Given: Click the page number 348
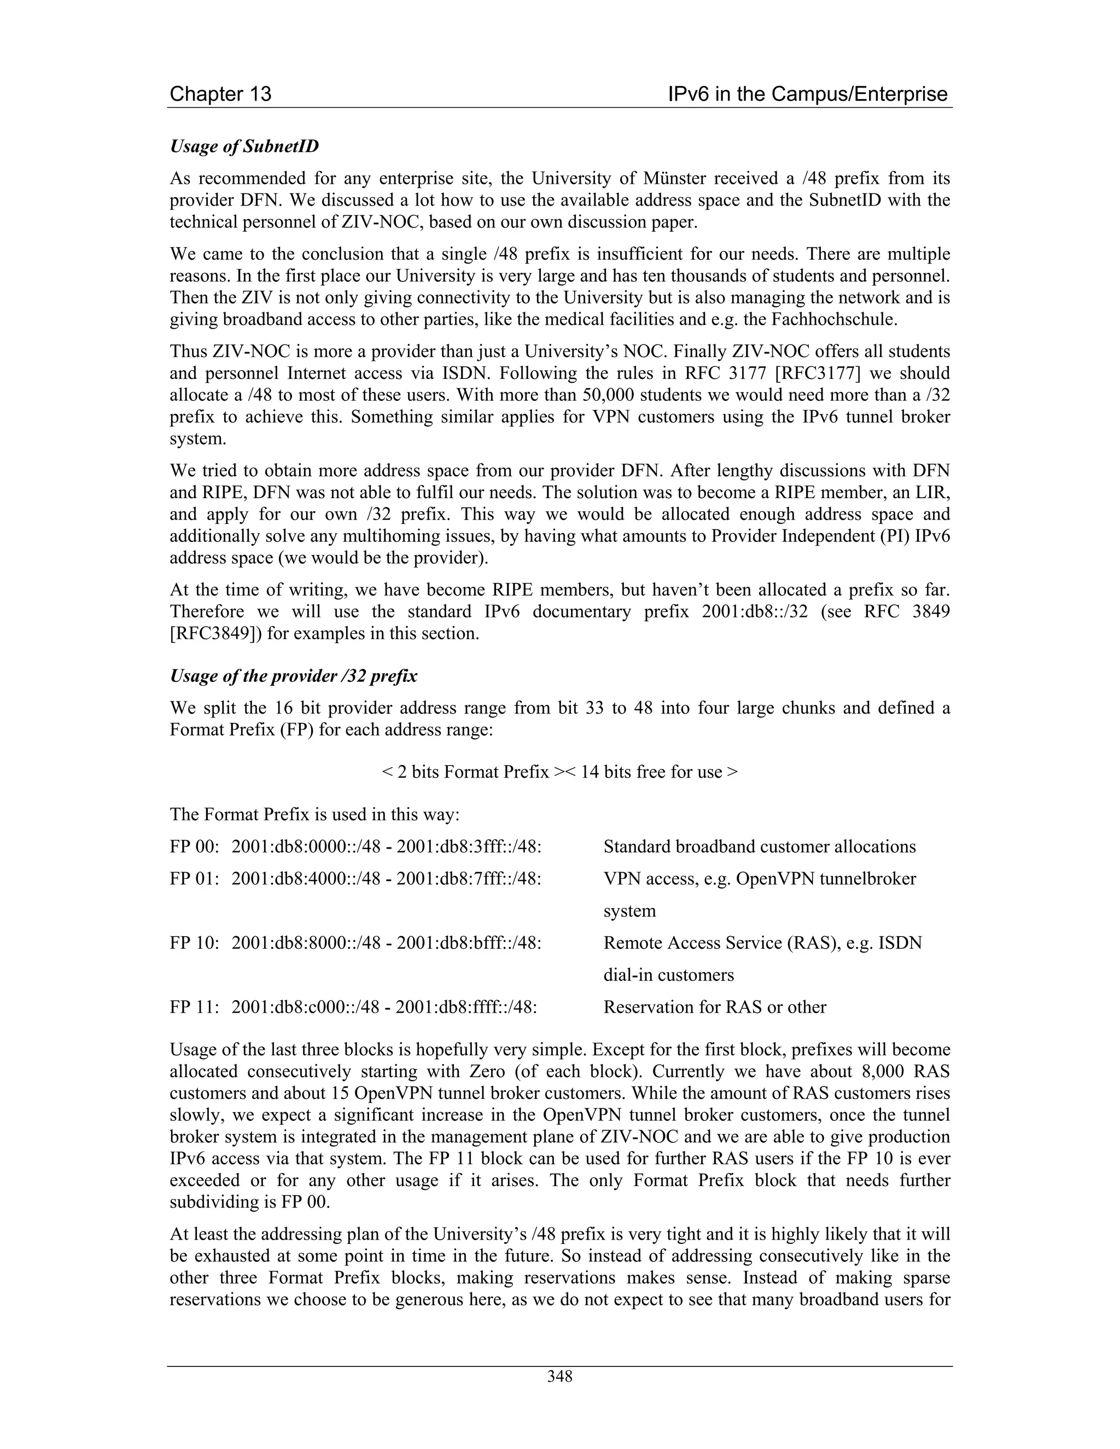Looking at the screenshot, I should (559, 1377).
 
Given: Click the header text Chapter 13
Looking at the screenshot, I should (220, 94).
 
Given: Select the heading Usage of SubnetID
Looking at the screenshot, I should (244, 146).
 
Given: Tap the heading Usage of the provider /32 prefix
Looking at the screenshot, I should (293, 676).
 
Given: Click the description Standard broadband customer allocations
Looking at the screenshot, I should (759, 846).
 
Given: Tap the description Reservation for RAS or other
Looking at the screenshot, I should (715, 1007).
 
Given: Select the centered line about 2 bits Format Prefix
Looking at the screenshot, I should (559, 772).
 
